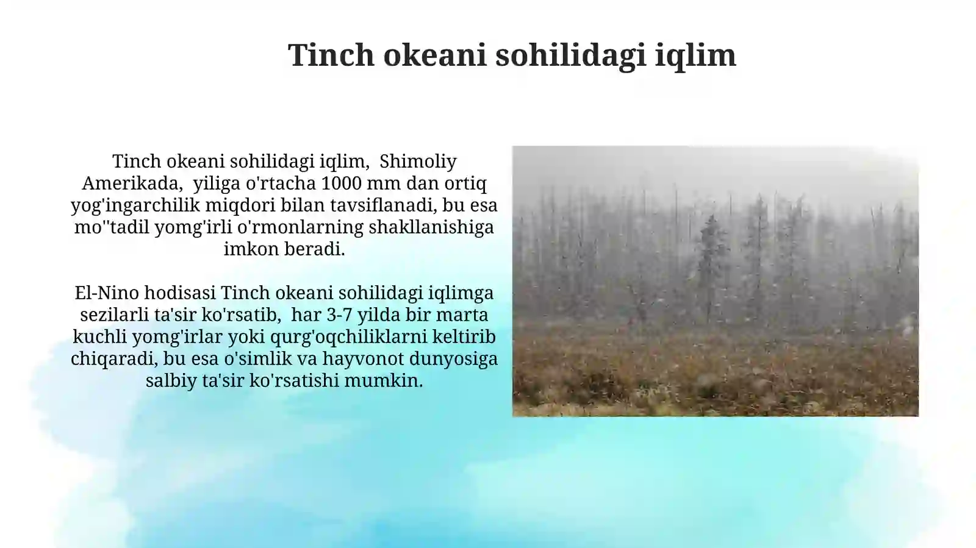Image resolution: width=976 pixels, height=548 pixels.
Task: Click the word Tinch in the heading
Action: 331,55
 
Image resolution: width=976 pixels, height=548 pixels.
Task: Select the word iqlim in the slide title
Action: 695,55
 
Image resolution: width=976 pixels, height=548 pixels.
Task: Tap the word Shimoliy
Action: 418,161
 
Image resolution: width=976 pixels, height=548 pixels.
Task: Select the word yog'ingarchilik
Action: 135,205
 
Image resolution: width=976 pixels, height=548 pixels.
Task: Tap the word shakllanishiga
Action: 431,227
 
